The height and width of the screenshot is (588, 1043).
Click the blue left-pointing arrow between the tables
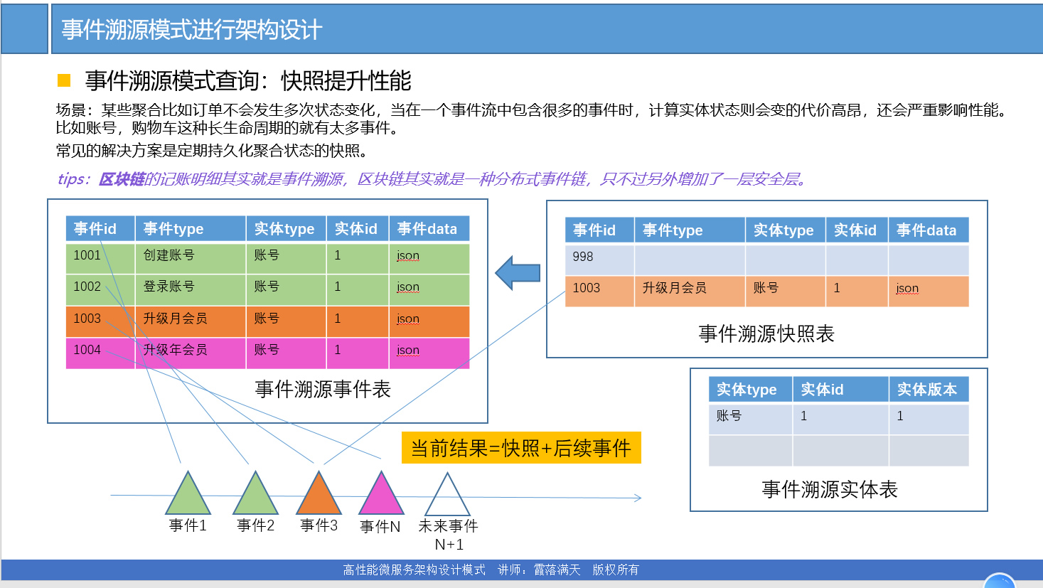point(518,273)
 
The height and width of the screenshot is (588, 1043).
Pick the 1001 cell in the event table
point(87,255)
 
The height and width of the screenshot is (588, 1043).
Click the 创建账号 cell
point(169,255)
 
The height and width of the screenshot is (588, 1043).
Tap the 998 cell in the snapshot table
point(583,257)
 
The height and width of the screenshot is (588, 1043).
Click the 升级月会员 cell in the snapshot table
point(675,288)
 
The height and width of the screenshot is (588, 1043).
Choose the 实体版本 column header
point(927,390)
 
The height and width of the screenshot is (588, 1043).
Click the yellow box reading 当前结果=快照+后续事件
point(521,448)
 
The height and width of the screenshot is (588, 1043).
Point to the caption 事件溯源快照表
point(766,333)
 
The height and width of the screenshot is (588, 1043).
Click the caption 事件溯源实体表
point(830,489)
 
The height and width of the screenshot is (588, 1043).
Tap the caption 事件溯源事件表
point(323,389)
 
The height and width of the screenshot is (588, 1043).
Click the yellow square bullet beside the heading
point(64,80)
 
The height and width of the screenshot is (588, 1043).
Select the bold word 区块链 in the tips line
point(122,179)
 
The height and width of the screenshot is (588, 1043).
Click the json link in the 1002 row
point(408,287)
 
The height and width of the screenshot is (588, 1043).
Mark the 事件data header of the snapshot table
point(926,230)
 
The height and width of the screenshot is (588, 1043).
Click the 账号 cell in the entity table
point(729,416)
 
